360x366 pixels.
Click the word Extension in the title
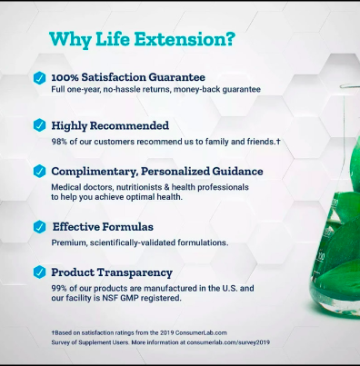(185, 39)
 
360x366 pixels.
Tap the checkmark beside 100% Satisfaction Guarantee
(39, 78)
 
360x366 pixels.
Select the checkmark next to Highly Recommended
(39, 125)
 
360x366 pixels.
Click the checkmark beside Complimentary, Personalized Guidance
(39, 171)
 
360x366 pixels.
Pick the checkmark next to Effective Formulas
(39, 227)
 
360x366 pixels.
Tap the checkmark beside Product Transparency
(39, 272)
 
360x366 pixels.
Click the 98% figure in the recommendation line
(59, 142)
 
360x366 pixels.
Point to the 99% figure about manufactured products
(59, 288)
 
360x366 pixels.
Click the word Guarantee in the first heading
(177, 77)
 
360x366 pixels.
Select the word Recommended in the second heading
(129, 125)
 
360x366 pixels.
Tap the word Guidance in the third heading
(237, 172)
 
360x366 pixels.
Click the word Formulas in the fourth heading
(128, 227)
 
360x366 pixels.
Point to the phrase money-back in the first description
(197, 90)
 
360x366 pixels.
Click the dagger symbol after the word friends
(278, 142)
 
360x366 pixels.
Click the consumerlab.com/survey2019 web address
(228, 342)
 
